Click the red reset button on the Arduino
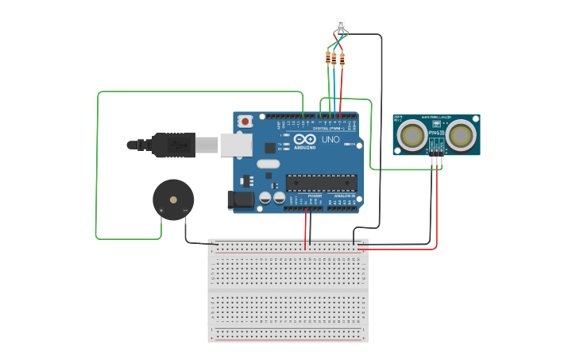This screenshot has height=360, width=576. point(245,122)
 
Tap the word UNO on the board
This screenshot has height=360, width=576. point(331,140)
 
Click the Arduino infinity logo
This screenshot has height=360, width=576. point(305,139)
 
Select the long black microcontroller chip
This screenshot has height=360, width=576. point(321,182)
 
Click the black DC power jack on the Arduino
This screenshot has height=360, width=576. point(241,201)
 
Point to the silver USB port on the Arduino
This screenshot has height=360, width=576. point(236,145)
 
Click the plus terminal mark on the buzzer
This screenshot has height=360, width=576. point(162,211)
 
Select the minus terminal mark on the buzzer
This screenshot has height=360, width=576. point(185,211)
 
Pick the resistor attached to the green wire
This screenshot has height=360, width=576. point(328,57)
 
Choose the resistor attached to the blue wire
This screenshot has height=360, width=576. point(334,57)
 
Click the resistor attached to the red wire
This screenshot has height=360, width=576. point(342,57)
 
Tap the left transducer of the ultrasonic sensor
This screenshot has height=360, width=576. point(412,135)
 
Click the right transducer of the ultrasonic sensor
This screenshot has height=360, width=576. point(461,135)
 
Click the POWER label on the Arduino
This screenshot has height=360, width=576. point(303,195)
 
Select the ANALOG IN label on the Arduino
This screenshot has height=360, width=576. point(343,195)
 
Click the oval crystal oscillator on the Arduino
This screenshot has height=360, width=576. point(268,165)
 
